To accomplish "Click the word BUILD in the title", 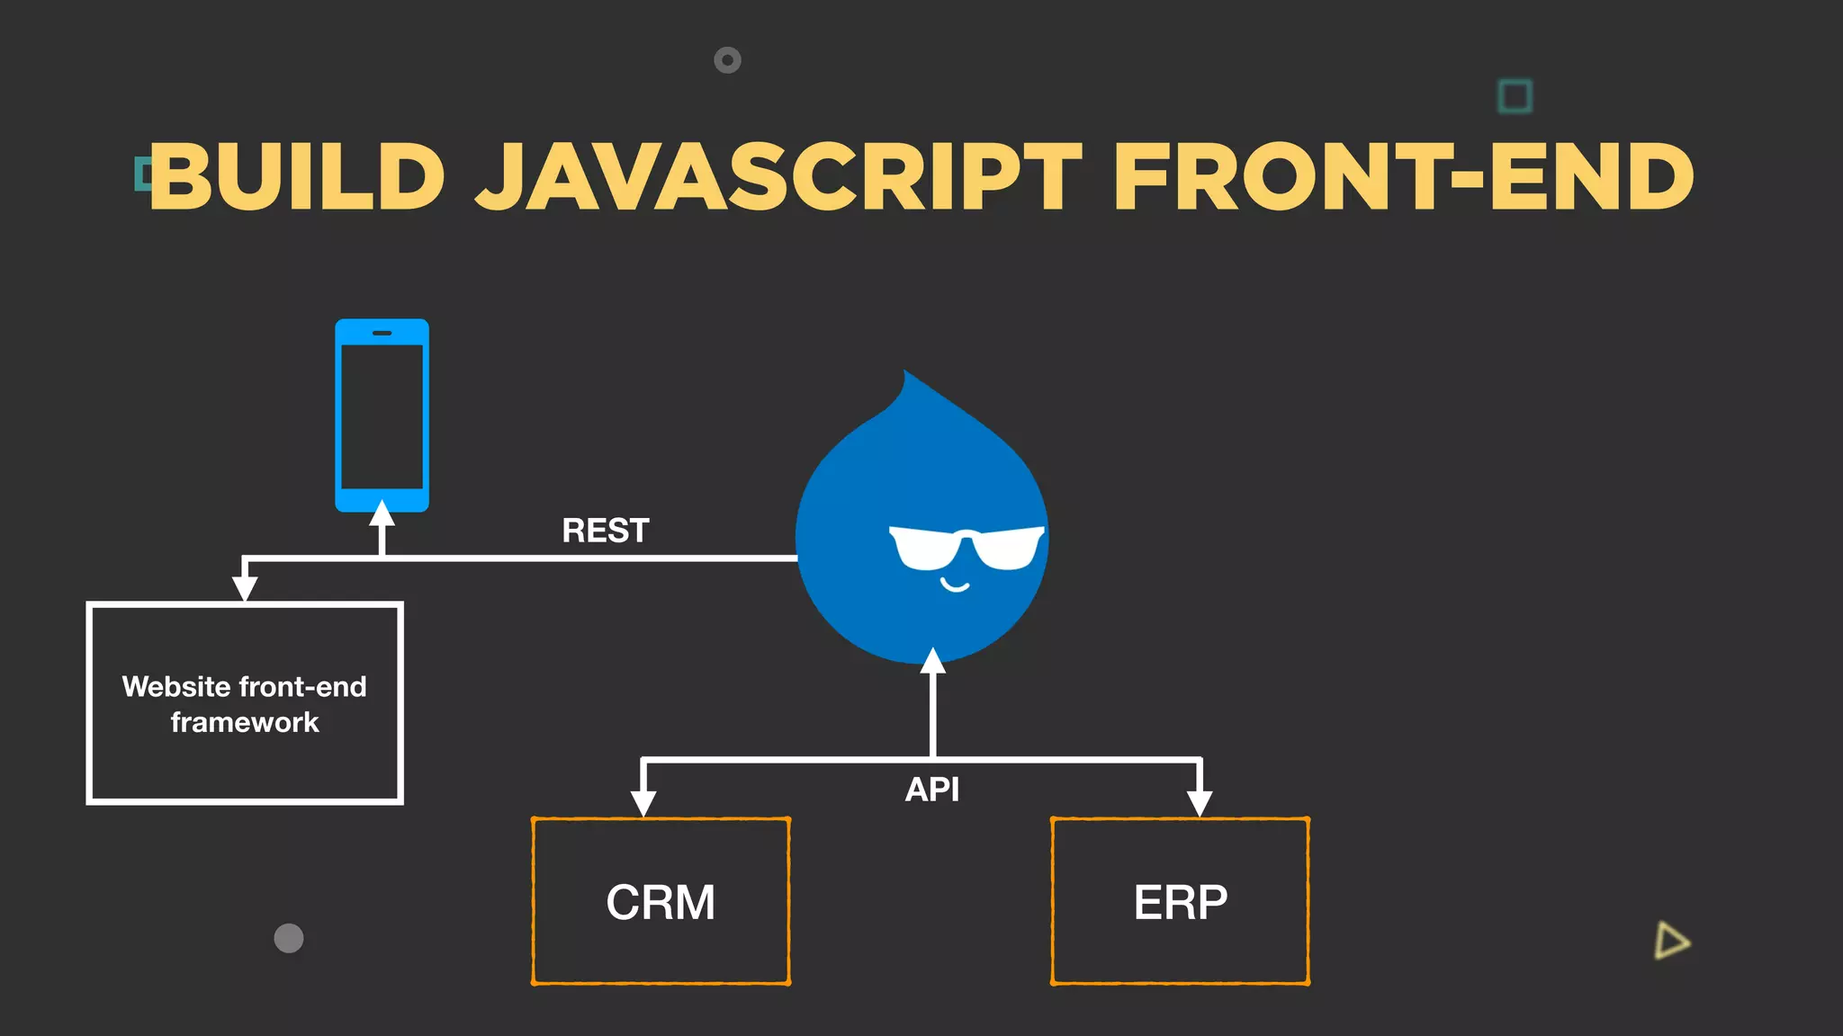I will pyautogui.click(x=297, y=177).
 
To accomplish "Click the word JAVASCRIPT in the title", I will pyautogui.click(x=778, y=177).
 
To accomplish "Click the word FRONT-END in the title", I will pyautogui.click(x=1404, y=177).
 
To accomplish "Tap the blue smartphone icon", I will pyautogui.click(x=382, y=415).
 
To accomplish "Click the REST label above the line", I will pyautogui.click(x=606, y=531).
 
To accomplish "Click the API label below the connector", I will pyautogui.click(x=932, y=790).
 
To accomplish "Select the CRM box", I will pyautogui.click(x=661, y=901).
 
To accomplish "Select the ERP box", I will pyautogui.click(x=1180, y=901).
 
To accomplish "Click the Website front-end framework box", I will pyautogui.click(x=245, y=703).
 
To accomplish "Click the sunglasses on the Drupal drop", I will pyautogui.click(x=966, y=547).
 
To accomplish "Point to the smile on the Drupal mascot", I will pyautogui.click(x=955, y=586).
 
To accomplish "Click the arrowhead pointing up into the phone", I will pyautogui.click(x=382, y=514).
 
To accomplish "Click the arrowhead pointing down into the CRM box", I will pyautogui.click(x=643, y=803).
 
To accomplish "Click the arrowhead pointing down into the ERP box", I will pyautogui.click(x=1200, y=803).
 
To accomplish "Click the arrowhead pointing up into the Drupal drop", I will pyautogui.click(x=933, y=662).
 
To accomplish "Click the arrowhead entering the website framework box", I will pyautogui.click(x=245, y=588).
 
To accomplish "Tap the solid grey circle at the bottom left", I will pyautogui.click(x=289, y=938).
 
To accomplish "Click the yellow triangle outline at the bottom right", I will pyautogui.click(x=1671, y=941).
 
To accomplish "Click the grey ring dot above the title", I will pyautogui.click(x=727, y=60).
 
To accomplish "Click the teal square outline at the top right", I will pyautogui.click(x=1515, y=96).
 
